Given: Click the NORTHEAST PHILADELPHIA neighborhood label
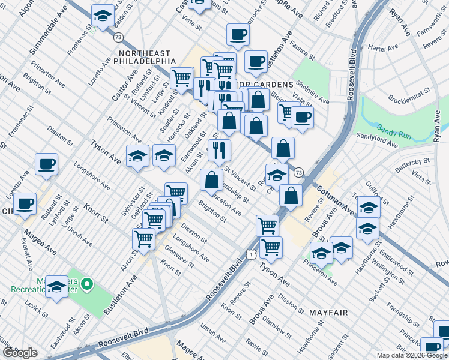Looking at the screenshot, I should (x=144, y=57).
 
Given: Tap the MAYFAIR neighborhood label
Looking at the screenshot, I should (x=328, y=313).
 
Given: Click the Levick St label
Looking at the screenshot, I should (x=37, y=310).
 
